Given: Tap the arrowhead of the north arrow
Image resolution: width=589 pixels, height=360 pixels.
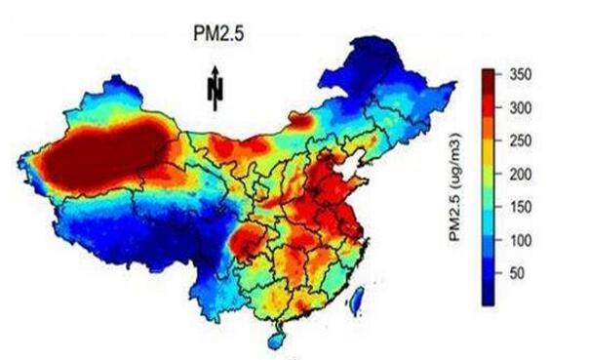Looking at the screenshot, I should click(216, 71).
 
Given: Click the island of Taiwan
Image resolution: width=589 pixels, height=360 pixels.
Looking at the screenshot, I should click(359, 297).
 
